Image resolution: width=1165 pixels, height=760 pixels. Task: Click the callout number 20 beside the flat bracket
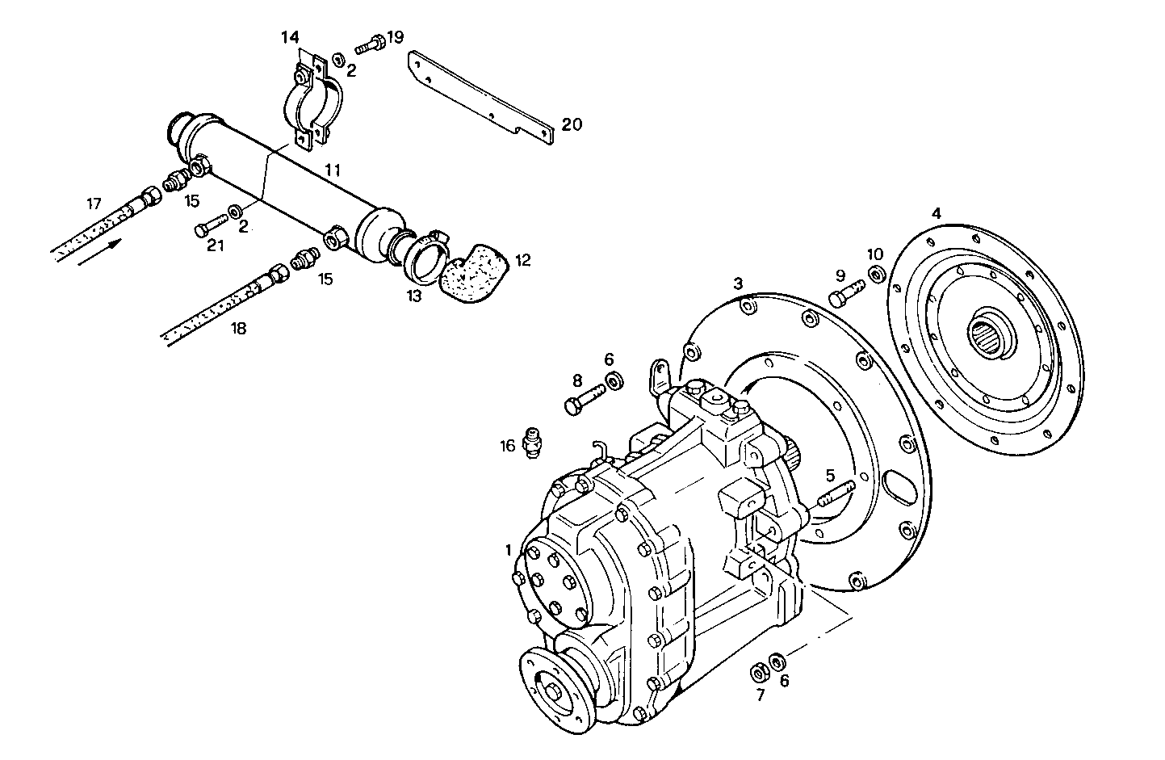pyautogui.click(x=572, y=124)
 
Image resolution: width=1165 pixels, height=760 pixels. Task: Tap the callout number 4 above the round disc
pyautogui.click(x=936, y=214)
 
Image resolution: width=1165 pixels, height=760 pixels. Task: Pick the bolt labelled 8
pyautogui.click(x=585, y=400)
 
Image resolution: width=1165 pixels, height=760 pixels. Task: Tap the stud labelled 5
pyautogui.click(x=836, y=494)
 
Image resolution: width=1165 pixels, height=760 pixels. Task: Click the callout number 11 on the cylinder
pyautogui.click(x=332, y=170)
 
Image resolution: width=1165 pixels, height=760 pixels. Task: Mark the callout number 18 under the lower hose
pyautogui.click(x=238, y=329)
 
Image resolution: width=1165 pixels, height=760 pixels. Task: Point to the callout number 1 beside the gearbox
pyautogui.click(x=509, y=550)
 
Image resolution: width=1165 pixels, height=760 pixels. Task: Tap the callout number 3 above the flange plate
pyautogui.click(x=737, y=283)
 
